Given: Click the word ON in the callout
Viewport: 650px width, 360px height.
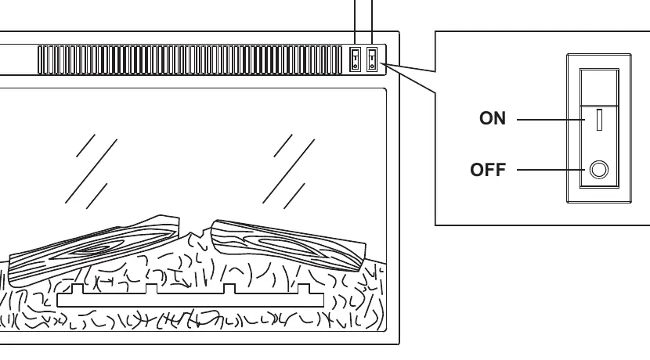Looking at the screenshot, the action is coord(493,118).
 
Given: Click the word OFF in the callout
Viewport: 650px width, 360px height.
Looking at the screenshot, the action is coord(488,170).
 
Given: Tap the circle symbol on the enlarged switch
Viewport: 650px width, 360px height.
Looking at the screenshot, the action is coord(599,170).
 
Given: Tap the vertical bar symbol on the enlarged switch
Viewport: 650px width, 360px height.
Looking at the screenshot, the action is coord(599,120).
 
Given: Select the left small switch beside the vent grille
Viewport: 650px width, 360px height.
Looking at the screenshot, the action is coord(356,59).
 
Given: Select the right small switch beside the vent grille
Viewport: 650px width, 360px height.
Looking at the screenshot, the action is coord(372,59).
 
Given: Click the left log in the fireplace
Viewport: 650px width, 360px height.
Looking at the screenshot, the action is coord(93,250).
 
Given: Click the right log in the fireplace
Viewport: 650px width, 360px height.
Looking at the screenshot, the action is coord(288,245).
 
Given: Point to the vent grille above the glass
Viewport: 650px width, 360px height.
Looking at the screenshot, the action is coord(190,60).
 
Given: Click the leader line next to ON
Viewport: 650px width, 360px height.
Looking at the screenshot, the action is coord(551,120).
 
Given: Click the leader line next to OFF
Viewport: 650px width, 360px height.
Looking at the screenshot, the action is coord(551,170).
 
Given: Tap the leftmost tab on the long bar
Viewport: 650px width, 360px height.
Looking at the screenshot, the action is coord(78,289).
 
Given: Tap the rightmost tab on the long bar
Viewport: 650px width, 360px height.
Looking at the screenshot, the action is coord(303,289).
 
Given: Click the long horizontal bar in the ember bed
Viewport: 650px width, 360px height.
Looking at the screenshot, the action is coord(190,300).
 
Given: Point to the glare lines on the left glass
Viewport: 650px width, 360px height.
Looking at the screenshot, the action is coord(91,171).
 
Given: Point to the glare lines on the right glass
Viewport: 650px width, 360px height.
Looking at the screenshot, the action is coord(288,171).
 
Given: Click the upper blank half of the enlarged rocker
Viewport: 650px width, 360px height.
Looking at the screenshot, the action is coord(599,88).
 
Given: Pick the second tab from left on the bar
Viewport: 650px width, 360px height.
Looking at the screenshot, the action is coord(151,289).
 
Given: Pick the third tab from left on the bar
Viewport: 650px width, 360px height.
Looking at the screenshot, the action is coord(229,289).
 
